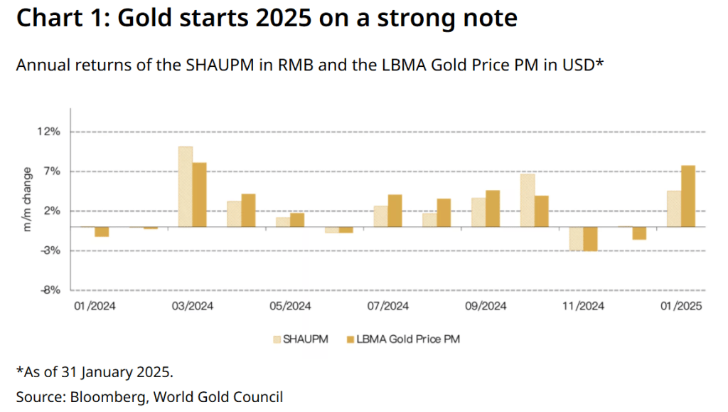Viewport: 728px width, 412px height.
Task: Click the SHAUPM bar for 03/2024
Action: coord(185,186)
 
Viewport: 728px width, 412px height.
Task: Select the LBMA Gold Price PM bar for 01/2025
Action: coord(687,196)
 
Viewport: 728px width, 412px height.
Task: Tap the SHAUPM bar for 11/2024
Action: coord(576,238)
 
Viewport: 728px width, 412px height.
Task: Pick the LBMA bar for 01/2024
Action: coord(102,231)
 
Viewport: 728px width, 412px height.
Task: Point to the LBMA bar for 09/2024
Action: coord(493,208)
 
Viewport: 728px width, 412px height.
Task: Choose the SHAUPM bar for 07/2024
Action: coord(380,216)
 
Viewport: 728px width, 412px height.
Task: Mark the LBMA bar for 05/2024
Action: coord(297,220)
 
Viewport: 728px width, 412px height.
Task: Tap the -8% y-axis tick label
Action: coord(48,290)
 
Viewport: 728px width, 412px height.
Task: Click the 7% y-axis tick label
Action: coord(51,171)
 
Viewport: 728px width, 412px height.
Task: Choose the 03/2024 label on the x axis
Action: coord(192,307)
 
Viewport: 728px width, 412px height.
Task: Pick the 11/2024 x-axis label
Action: coord(583,307)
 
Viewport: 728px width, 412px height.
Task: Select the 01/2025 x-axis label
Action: coord(680,307)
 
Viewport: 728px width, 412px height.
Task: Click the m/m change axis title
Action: coord(28,200)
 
